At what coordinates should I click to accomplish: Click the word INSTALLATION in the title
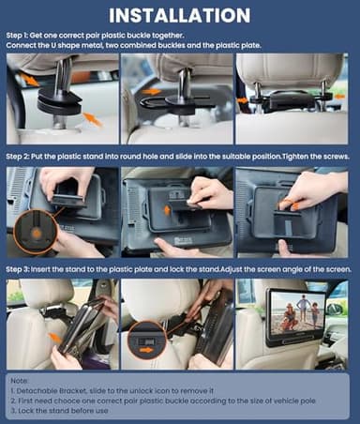click(x=179, y=16)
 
